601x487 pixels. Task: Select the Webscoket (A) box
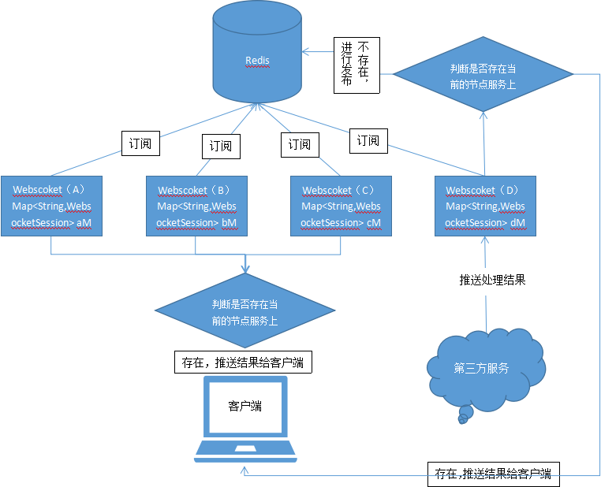pos(52,205)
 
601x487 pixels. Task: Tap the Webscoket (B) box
pos(196,205)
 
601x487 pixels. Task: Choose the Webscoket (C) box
pos(341,205)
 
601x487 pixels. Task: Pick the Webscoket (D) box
pos(485,205)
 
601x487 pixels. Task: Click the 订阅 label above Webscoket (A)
pos(140,144)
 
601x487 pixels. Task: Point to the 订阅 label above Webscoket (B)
pos(221,146)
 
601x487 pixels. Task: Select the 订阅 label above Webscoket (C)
pos(299,144)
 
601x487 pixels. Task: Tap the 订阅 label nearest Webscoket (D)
pos(368,141)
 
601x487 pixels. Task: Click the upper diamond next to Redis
pos(483,76)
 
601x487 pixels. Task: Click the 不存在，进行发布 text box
pos(356,65)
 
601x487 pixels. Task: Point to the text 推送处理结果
pos(492,280)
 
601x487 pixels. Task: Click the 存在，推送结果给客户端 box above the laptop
pos(242,362)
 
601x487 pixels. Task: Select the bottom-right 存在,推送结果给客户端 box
pos(493,474)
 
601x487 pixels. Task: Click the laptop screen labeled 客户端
pos(245,406)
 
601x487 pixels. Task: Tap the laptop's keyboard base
pos(245,450)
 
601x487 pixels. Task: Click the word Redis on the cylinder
pos(257,60)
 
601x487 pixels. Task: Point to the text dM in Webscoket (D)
pos(518,223)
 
